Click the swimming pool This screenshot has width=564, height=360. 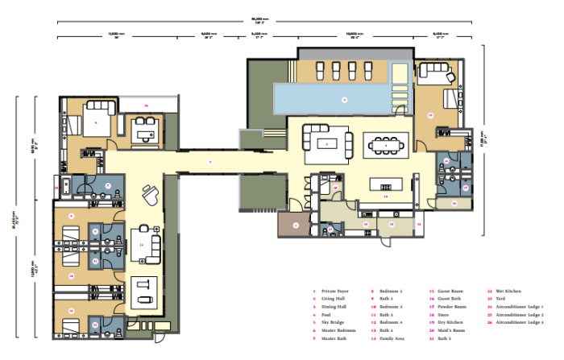(342, 99)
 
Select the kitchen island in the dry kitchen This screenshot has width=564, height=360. (385, 184)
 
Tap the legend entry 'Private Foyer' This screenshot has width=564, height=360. (335, 292)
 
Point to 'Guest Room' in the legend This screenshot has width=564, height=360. (444, 292)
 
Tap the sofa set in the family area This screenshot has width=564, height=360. (146, 244)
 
